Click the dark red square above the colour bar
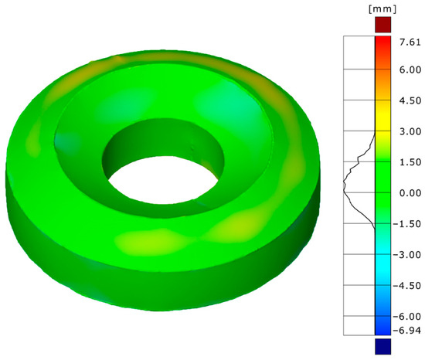pos(383,25)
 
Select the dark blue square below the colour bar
pos(383,345)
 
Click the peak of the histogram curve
pos(345,183)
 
